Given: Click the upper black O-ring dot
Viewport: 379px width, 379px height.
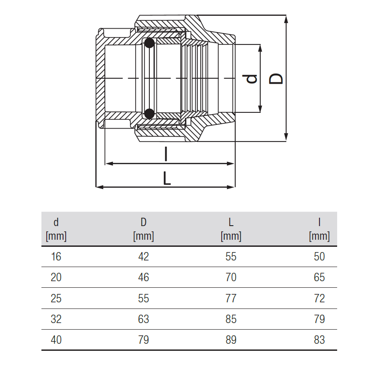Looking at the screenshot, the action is [149, 44].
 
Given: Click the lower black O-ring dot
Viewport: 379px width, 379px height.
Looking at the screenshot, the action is [149, 113].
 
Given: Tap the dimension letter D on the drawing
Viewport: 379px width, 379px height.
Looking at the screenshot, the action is [276, 78].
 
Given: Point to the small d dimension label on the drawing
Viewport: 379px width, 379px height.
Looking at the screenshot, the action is [250, 78].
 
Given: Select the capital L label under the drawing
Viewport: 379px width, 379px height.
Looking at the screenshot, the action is [167, 178].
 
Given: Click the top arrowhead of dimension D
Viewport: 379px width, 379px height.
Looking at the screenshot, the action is [286, 19].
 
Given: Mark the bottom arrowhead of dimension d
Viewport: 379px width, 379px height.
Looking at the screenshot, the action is [260, 109].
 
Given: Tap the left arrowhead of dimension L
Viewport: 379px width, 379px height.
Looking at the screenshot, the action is [100, 187].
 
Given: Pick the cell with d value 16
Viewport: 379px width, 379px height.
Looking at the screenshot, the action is [56, 256].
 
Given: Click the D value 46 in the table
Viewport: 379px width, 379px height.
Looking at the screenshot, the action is [144, 277].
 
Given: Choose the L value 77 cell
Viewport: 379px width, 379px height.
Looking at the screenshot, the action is [231, 298].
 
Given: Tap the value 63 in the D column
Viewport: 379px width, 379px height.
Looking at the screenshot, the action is [144, 319].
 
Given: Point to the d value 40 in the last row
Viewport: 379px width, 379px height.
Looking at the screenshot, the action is [56, 340].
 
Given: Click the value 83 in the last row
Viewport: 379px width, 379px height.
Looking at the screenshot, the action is [320, 340].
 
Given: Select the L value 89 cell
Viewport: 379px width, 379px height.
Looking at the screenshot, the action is [231, 340].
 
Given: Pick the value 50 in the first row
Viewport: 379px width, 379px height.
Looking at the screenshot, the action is [320, 256].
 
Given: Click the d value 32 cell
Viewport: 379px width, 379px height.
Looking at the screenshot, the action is [56, 319].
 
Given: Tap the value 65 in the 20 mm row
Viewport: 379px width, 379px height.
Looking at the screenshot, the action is [320, 277].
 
